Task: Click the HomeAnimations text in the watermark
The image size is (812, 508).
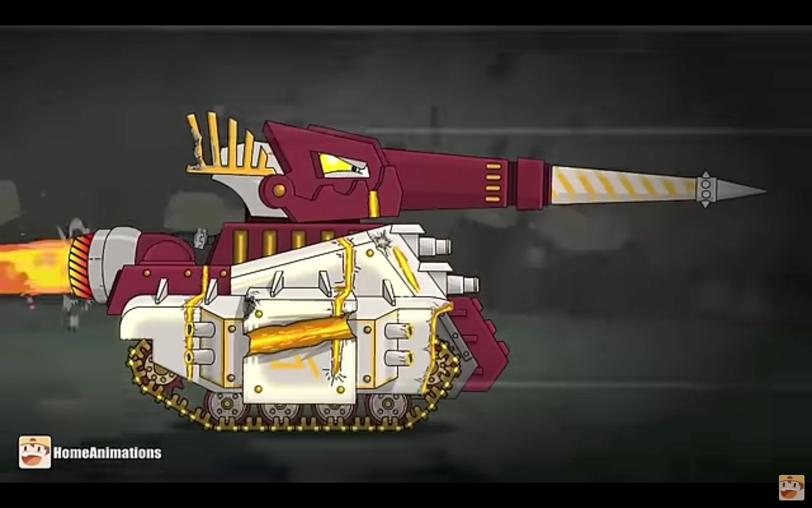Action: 107,453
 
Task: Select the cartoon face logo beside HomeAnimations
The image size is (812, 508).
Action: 35,452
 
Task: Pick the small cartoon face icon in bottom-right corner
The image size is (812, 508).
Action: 791,487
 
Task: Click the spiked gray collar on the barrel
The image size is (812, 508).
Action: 705,189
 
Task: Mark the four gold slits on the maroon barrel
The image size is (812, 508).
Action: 493,182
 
